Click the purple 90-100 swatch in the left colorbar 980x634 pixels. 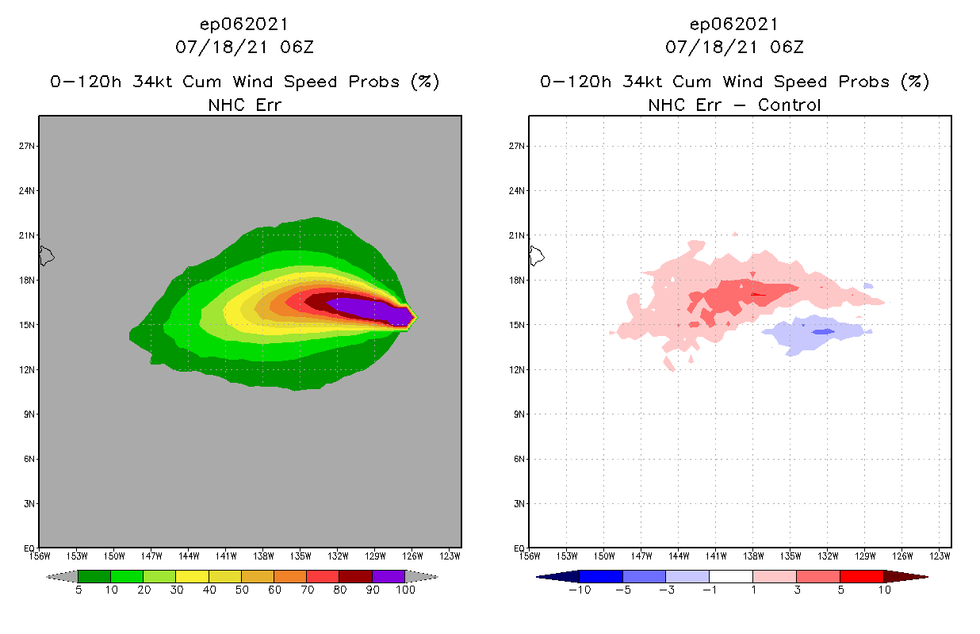tap(389, 576)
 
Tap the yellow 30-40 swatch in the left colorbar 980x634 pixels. tap(192, 576)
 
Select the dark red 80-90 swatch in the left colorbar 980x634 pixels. tap(355, 576)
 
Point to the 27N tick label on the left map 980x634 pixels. tap(29, 146)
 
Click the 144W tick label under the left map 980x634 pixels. tap(188, 556)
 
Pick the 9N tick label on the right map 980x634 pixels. tap(518, 414)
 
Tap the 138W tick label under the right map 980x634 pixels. tap(753, 556)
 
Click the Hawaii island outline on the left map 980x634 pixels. tap(46, 255)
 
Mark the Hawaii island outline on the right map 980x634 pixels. tap(537, 255)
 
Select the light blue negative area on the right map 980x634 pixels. tap(809, 333)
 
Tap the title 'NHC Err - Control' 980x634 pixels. tap(734, 105)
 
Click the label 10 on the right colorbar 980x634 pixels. tap(883, 590)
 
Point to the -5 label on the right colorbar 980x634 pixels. tap(623, 590)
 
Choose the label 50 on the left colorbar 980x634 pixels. tap(241, 590)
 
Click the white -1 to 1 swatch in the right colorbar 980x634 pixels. tap(731, 576)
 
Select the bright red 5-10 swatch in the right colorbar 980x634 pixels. tap(861, 576)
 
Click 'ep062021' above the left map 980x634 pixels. tap(243, 24)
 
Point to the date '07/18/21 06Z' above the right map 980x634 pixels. tap(734, 48)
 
